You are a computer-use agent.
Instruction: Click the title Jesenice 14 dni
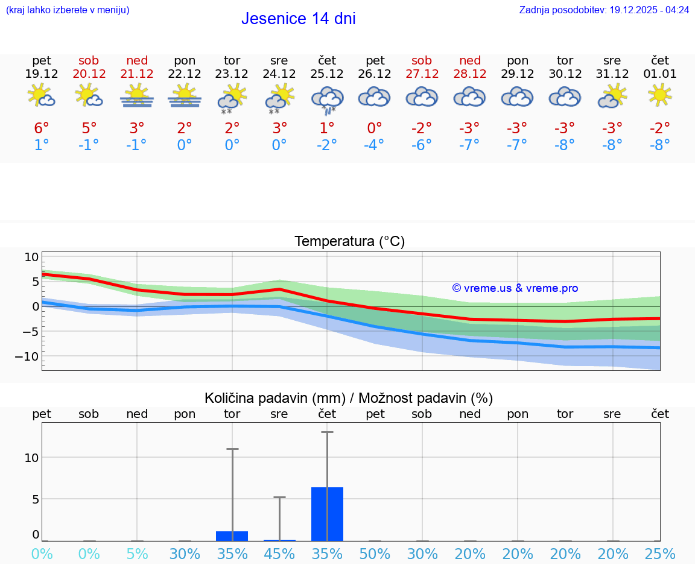coord(298,19)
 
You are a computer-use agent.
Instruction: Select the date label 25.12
coord(327,74)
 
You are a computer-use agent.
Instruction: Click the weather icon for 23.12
coord(232,98)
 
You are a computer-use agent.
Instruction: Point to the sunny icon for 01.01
coord(659,95)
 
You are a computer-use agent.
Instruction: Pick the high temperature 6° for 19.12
coord(41,128)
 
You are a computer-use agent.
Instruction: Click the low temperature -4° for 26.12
coord(375,145)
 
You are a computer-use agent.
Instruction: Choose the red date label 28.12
coord(470,74)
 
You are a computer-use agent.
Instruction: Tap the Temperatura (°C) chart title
coord(349,242)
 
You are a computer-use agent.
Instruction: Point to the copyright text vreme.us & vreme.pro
coord(515,288)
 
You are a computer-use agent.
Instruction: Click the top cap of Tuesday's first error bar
coord(232,449)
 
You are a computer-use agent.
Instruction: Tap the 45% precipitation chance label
coord(279,554)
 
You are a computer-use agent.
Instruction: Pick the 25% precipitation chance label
coord(659,554)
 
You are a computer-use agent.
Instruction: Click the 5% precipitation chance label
coord(137,554)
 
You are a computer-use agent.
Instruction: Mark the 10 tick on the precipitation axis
coord(31,457)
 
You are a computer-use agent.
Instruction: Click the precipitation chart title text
coord(349,398)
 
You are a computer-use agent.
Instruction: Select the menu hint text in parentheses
coord(68,10)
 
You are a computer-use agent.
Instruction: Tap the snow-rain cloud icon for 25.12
coord(327,100)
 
